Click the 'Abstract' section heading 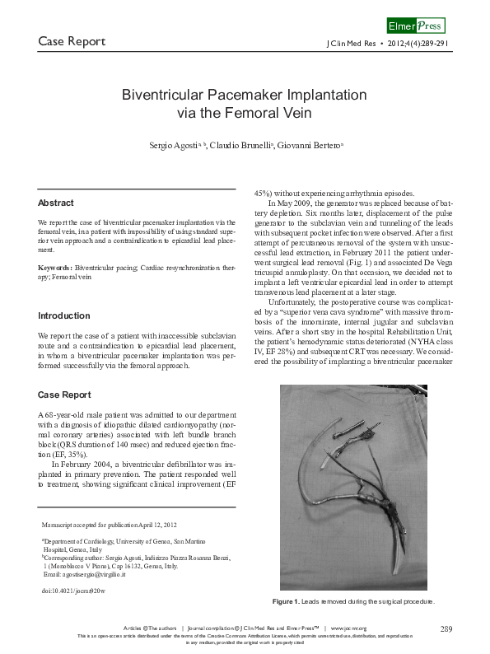pos(56,203)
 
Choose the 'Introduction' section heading pos(64,315)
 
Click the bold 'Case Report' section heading pos(64,395)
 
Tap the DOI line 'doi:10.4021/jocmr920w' pos(73,591)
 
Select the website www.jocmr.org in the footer pos(348,628)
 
